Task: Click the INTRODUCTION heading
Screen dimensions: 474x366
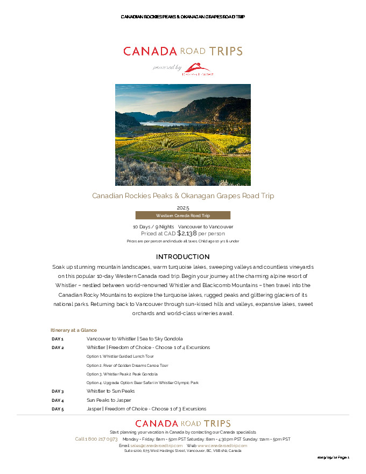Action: [182, 257]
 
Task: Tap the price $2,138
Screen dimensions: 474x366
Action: [187, 233]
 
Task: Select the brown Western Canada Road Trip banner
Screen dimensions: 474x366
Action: [182, 215]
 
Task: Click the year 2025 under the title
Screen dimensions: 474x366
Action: [182, 207]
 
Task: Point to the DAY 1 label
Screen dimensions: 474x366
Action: [58, 339]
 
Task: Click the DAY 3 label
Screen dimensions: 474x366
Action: [58, 391]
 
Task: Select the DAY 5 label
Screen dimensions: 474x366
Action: [58, 409]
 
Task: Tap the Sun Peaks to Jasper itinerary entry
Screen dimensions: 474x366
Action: [109, 400]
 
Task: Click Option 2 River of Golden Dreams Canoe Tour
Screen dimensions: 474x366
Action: [128, 365]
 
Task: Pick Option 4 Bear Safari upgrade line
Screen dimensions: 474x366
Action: [142, 382]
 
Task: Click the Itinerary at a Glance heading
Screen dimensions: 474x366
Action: [74, 330]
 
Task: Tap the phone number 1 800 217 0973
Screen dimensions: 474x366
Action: [96, 439]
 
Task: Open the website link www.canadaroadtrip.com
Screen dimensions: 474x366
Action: [222, 445]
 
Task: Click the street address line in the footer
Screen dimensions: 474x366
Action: [182, 451]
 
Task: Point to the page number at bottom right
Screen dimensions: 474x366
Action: [333, 457]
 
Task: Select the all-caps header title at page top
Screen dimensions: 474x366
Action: [182, 17]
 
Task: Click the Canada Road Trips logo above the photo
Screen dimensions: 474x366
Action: [182, 52]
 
